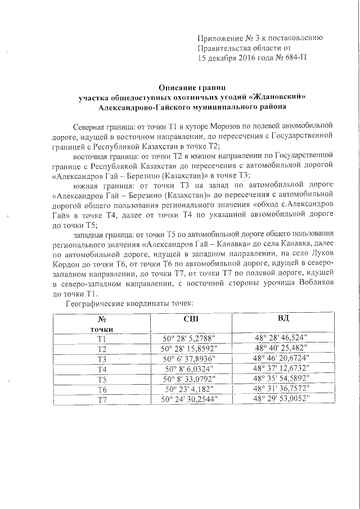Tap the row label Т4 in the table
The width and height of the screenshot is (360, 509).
102,369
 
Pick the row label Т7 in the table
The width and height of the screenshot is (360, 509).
102,399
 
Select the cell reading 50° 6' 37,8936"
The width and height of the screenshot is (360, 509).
190,359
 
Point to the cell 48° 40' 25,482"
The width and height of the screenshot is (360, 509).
283,349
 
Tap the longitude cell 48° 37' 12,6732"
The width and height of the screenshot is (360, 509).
283,369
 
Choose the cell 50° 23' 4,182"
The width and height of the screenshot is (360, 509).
190,389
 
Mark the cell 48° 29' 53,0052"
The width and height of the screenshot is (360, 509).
283,399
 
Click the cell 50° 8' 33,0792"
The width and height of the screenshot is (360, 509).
190,379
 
